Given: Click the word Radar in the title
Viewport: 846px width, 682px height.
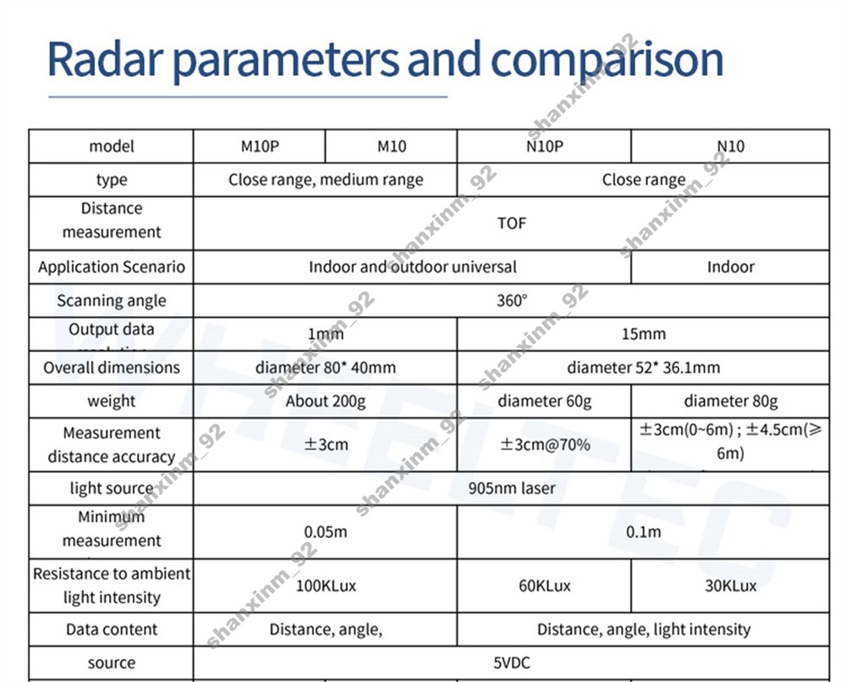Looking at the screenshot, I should click(106, 59).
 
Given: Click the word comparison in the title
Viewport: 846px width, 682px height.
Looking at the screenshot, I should click(607, 61).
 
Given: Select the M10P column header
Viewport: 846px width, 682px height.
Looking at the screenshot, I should click(260, 146).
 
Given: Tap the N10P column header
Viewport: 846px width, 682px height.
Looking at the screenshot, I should click(544, 146).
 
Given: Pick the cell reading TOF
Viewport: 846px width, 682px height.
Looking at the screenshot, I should click(511, 223).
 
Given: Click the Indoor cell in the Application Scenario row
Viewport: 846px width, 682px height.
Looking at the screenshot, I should click(730, 267).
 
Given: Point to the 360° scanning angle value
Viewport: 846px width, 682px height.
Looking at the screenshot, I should click(512, 300).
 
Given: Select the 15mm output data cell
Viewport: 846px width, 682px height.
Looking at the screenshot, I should click(643, 333).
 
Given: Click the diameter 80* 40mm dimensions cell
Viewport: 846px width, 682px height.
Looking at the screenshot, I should click(325, 367).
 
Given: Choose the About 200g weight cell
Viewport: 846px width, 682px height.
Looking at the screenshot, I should click(325, 401).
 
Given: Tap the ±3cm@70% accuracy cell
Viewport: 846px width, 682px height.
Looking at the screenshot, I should click(544, 444).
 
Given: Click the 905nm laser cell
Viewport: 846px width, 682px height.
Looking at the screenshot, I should click(511, 488).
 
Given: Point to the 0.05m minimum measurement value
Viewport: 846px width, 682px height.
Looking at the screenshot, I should click(325, 532).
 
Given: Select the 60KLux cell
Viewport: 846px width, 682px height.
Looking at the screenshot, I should click(544, 586).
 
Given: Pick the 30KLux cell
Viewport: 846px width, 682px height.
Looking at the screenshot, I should click(730, 586).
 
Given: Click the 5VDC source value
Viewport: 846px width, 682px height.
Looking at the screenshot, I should click(511, 663).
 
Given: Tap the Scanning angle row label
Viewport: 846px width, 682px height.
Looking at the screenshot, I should click(111, 300).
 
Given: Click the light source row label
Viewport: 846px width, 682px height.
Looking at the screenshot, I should click(111, 488).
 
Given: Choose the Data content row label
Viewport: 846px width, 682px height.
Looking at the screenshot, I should click(111, 630).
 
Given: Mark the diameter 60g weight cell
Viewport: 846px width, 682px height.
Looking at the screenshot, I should click(544, 401).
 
